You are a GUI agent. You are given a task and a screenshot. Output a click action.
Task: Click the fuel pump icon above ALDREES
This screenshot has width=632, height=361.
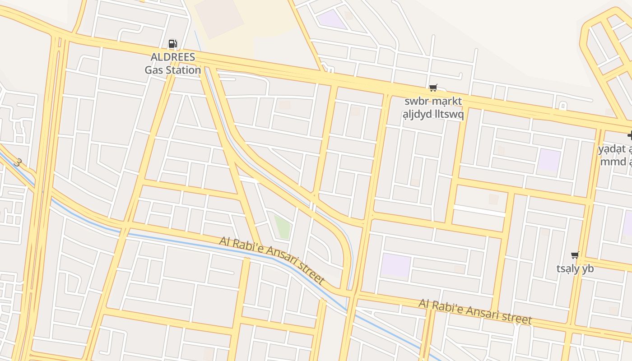[172, 44]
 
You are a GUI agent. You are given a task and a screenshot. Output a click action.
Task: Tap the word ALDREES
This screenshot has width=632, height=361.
[173, 57]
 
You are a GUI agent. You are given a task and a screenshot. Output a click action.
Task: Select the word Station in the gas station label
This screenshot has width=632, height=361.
[183, 70]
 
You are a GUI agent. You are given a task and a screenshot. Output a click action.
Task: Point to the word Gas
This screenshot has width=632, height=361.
[154, 70]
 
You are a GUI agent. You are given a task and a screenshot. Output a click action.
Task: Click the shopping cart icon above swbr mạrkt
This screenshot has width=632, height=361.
[433, 88]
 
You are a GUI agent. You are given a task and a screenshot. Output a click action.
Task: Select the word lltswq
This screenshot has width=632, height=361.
[448, 114]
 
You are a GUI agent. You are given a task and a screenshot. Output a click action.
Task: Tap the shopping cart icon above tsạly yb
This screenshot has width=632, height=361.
[575, 255]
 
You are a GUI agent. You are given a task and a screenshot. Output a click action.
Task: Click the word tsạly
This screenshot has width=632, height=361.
[567, 268]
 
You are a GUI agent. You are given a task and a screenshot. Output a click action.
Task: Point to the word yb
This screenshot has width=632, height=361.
[588, 268]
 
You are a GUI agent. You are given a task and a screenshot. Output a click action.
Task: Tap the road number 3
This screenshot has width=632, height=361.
[17, 162]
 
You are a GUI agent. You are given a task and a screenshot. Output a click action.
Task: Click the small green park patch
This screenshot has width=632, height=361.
[282, 227]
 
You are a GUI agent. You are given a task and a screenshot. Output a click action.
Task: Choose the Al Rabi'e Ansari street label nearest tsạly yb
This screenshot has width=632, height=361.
[475, 311]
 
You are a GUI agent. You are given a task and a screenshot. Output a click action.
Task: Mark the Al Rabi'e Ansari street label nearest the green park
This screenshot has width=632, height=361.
[272, 259]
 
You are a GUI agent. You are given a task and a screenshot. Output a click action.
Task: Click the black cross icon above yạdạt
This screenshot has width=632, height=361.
[630, 135]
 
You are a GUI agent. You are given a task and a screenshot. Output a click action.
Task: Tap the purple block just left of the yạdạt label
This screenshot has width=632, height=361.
[549, 160]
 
